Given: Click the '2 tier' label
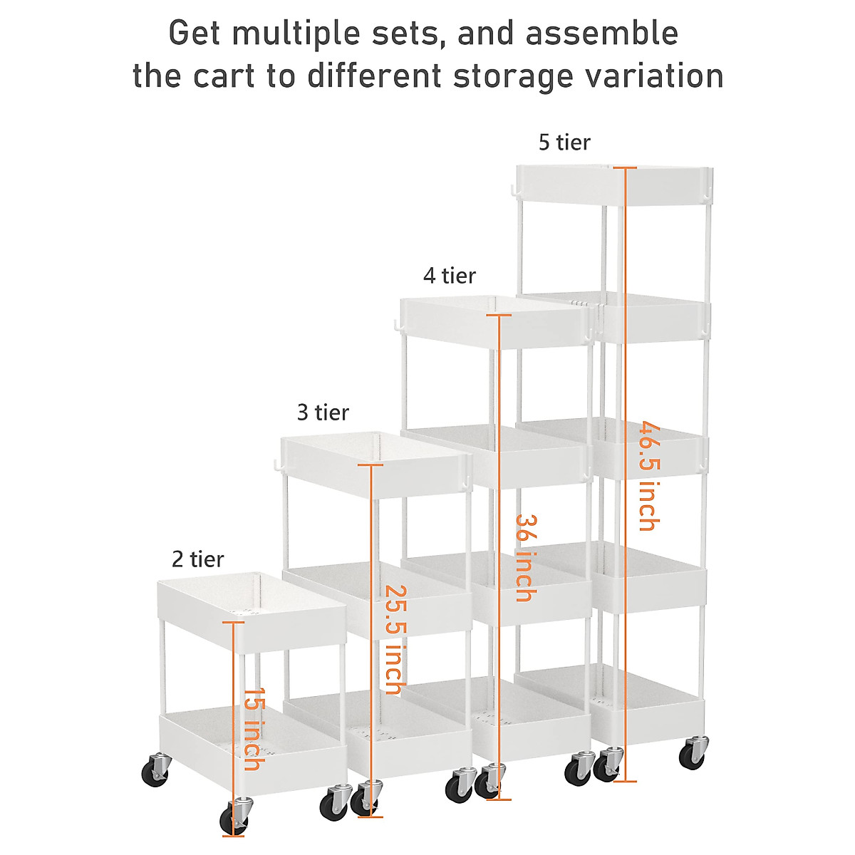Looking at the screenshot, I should (197, 559).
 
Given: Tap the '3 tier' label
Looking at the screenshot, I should (323, 413).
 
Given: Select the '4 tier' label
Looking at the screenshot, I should (449, 276).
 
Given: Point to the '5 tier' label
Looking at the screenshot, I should (564, 142).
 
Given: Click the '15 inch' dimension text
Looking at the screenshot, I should (252, 729).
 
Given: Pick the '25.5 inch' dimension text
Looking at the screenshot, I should (394, 640).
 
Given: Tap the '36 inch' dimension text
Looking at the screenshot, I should (524, 558).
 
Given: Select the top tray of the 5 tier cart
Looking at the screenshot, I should (613, 184).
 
